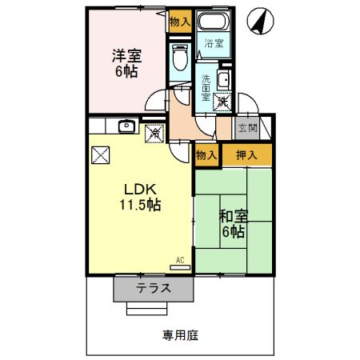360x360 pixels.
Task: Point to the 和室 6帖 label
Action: point(234,224)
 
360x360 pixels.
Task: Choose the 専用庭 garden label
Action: point(181,336)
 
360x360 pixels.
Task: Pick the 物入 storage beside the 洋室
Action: point(180,22)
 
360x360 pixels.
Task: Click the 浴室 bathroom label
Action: point(213,43)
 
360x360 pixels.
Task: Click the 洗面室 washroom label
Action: point(206,86)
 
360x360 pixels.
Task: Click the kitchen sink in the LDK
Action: point(125,126)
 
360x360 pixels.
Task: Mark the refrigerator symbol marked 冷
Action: point(153,131)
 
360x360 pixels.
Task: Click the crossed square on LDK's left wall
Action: point(100,155)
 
